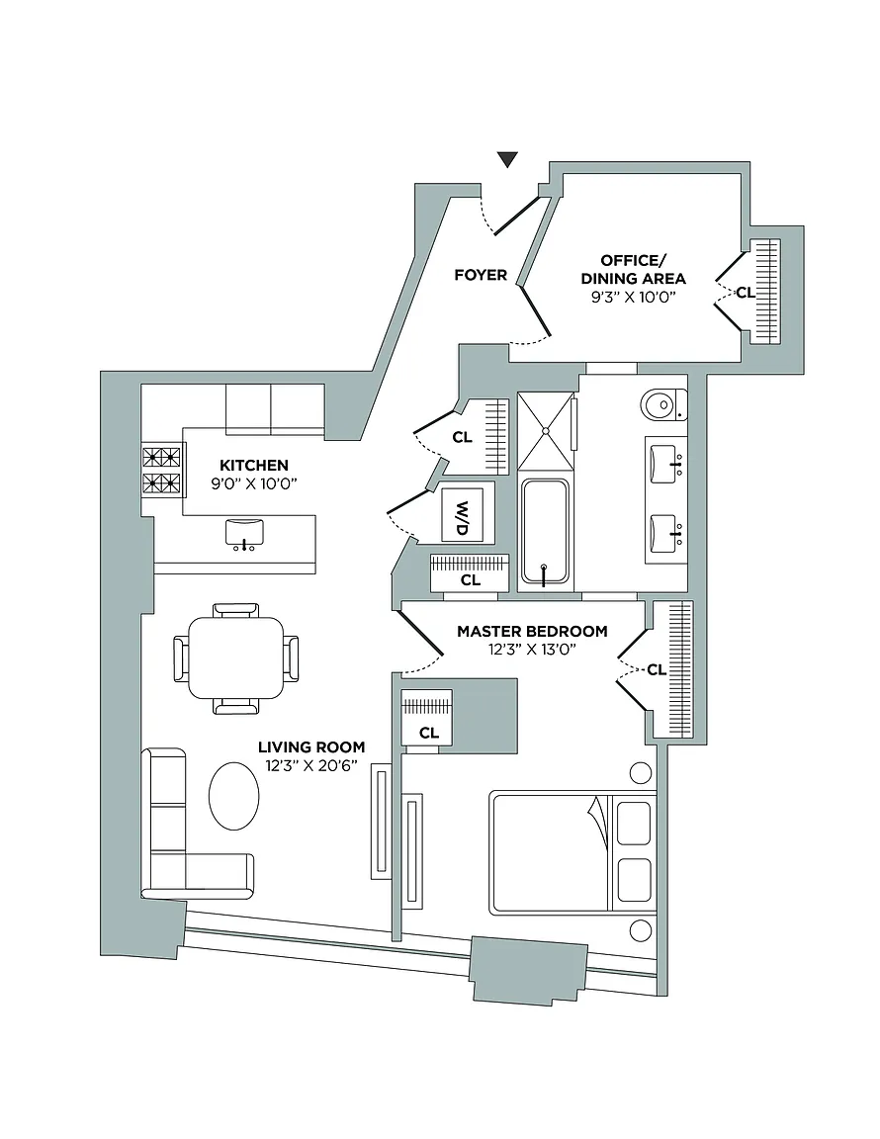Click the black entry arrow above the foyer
507,159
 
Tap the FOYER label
481,275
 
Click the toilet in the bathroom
661,403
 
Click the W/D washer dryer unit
462,513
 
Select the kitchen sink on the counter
242,533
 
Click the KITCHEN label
254,465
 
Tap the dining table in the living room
236,657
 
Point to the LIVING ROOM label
311,747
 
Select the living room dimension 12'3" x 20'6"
311,765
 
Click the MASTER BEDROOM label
532,631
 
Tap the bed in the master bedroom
572,851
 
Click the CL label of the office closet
745,293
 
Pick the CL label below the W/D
471,580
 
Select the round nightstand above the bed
642,773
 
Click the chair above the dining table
236,610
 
